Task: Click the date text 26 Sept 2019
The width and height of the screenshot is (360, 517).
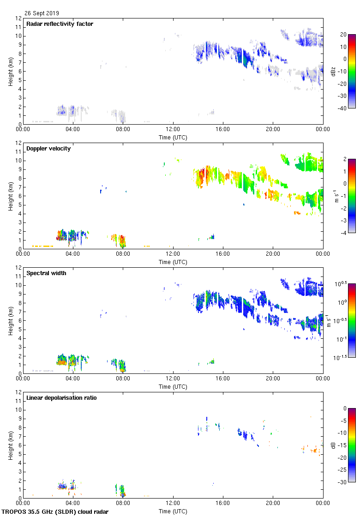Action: [42, 13]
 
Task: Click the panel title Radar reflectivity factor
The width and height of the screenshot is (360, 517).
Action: [60, 24]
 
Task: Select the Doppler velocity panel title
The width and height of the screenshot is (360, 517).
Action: [48, 148]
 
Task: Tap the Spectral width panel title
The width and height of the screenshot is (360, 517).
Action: [47, 273]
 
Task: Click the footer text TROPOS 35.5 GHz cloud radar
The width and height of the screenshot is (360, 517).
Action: [55, 512]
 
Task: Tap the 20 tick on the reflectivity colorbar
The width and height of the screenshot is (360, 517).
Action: [343, 35]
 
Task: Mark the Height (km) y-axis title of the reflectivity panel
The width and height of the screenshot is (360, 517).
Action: [10, 71]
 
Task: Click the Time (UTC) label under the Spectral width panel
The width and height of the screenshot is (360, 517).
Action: [173, 386]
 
